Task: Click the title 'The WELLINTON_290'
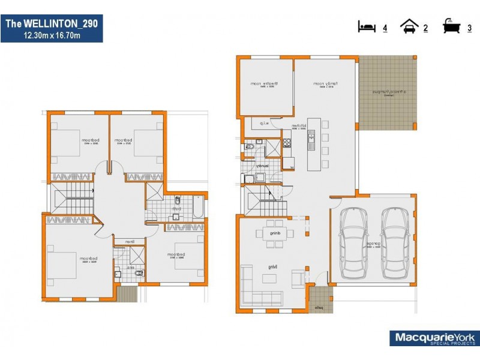[51, 23]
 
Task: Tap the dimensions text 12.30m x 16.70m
[51, 35]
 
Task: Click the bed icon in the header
[366, 27]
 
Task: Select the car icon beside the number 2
[410, 27]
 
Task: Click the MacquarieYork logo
[434, 338]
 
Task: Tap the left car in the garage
[353, 244]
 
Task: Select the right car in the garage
[395, 244]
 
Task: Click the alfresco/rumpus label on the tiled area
[386, 92]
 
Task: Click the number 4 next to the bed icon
[385, 28]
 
